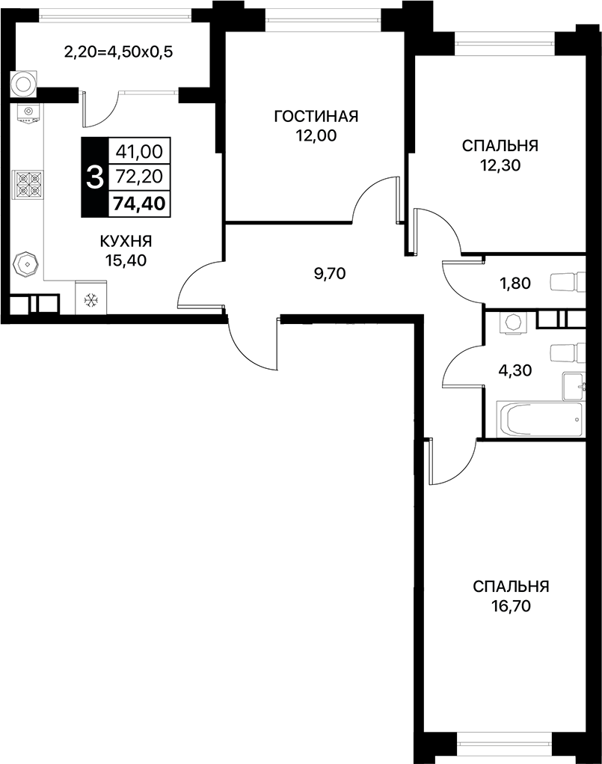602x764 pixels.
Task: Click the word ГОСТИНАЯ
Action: (316, 116)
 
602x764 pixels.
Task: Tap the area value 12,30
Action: (500, 165)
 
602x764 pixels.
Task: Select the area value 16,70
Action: (511, 606)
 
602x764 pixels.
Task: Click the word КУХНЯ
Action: (126, 241)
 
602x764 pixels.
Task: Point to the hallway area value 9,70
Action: (329, 273)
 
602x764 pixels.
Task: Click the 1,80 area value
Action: (515, 283)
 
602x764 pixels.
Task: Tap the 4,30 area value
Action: (515, 369)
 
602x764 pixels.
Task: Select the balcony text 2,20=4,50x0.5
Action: (119, 52)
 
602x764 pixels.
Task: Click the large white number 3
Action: (94, 177)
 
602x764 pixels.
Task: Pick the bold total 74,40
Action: (140, 202)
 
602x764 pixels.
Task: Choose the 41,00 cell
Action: (140, 151)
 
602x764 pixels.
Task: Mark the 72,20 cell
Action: (140, 177)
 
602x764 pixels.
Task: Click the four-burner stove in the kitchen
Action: (28, 183)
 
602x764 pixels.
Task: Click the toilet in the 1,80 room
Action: (565, 283)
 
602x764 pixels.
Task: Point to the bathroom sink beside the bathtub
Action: (574, 384)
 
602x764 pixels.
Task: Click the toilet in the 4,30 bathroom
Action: (565, 352)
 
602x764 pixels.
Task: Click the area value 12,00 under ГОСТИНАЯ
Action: (316, 135)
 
